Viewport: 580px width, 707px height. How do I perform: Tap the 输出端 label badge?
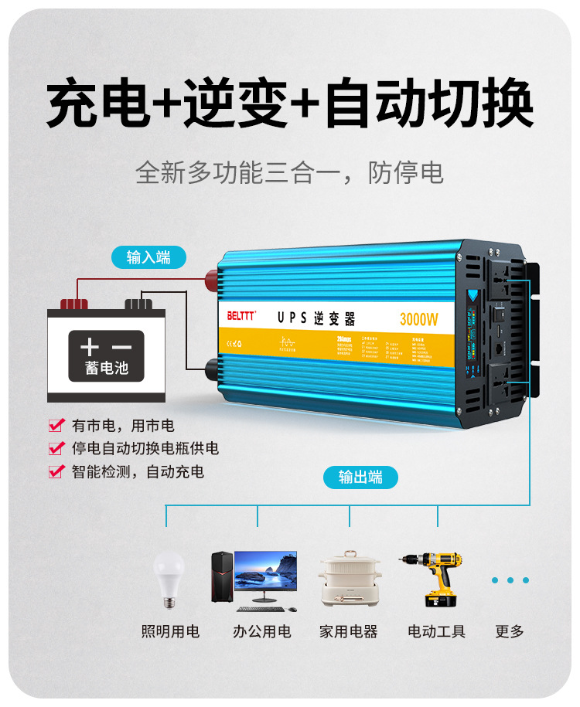pos(360,477)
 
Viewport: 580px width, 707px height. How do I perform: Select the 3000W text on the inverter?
pos(418,318)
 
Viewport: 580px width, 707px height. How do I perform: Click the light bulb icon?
pos(166,576)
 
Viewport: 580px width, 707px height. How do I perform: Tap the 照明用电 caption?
pos(170,631)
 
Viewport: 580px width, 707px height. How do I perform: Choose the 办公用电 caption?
pos(262,631)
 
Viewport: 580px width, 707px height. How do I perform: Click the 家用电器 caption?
pos(349,631)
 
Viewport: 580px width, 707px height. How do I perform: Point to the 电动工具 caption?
pos(437,631)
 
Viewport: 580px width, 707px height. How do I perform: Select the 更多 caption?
pos(510,631)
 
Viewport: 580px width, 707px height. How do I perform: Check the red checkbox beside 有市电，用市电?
pos(56,425)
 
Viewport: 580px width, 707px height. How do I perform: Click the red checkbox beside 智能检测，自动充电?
pos(56,471)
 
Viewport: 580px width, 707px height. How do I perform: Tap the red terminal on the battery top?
pos(74,304)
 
